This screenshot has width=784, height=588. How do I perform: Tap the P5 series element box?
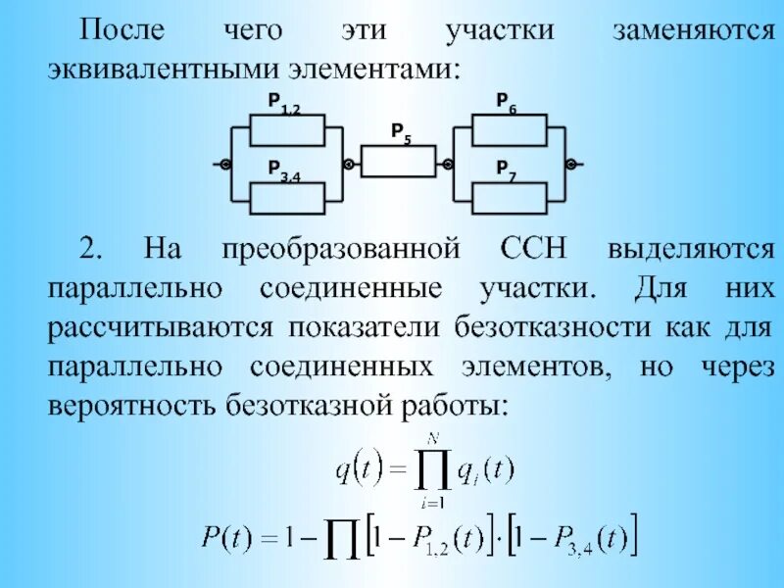click(x=399, y=162)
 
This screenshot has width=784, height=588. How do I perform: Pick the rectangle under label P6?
click(x=510, y=128)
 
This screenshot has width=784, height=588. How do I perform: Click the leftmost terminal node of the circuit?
click(x=225, y=164)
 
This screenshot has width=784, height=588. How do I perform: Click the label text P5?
click(x=400, y=131)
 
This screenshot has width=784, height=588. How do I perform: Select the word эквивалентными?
click(x=162, y=70)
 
